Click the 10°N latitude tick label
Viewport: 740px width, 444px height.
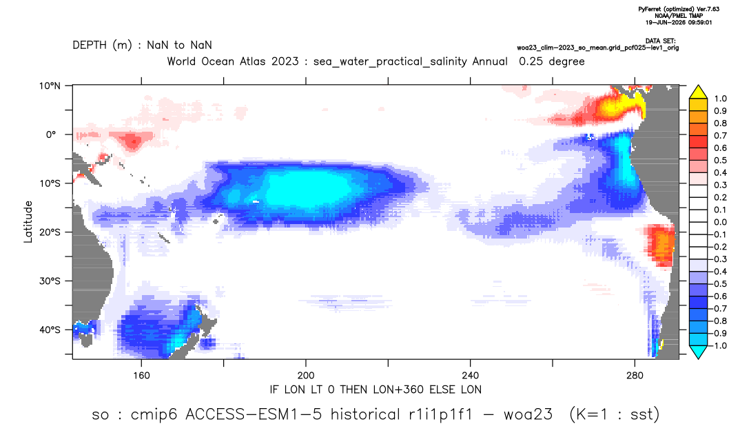[x=50, y=86]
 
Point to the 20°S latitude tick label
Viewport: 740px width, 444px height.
[x=50, y=232]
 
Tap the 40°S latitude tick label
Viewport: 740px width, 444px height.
[x=50, y=330]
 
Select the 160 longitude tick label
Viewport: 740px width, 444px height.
[x=141, y=376]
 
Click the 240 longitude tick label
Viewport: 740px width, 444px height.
[x=471, y=376]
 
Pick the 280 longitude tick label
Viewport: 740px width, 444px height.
[x=635, y=376]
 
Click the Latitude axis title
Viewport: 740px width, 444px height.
[x=28, y=222]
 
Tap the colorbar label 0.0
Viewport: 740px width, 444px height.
[x=720, y=222]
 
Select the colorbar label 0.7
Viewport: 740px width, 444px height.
[x=720, y=136]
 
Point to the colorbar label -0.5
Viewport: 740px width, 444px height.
[x=718, y=284]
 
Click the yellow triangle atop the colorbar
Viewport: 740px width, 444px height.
[x=698, y=92]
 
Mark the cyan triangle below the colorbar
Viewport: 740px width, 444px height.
[x=698, y=352]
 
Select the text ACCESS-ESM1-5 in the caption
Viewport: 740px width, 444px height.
[x=254, y=414]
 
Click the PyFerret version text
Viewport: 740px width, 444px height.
[x=679, y=9]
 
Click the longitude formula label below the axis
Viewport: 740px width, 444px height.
[x=376, y=390]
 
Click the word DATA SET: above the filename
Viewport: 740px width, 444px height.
[x=660, y=41]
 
